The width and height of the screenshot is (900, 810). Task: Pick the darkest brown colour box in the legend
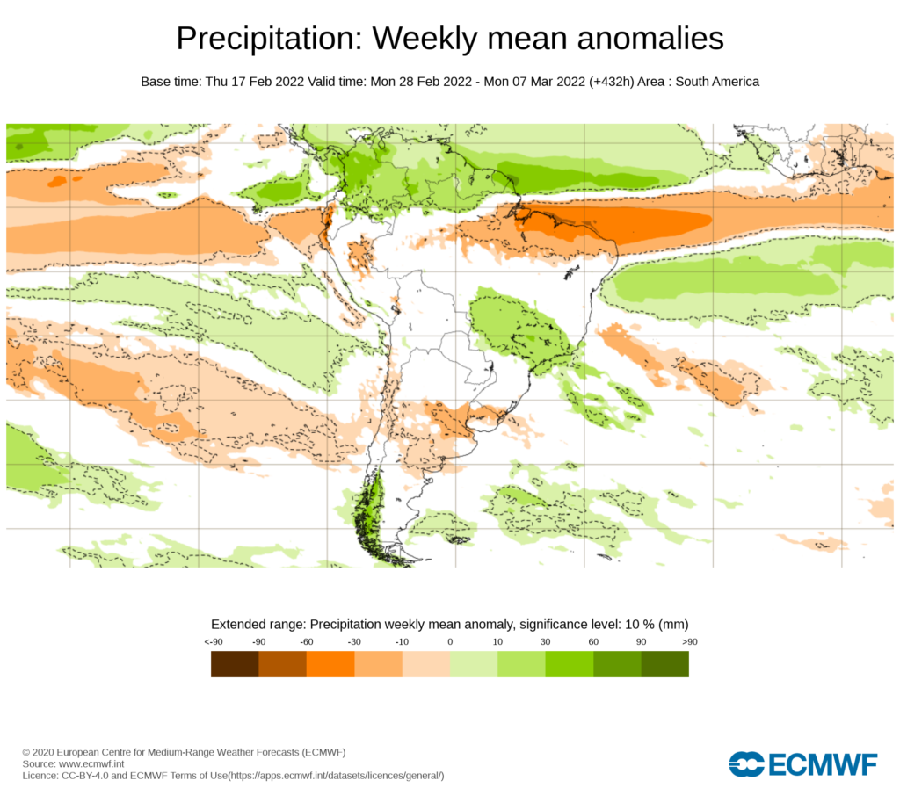(235, 664)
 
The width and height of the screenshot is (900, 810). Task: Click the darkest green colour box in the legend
(664, 664)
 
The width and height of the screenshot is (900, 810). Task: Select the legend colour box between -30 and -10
(378, 664)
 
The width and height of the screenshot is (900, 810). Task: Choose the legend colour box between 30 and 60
(569, 664)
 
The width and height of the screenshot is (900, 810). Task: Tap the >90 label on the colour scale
(688, 641)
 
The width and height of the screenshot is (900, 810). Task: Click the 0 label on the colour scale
(450, 641)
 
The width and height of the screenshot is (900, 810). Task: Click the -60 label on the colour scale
(307, 641)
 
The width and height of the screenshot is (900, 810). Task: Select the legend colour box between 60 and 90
(617, 664)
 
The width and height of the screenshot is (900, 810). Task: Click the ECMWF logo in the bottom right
(802, 764)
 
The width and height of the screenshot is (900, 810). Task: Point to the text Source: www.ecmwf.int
(73, 764)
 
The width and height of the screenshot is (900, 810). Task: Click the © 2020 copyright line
(184, 753)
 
